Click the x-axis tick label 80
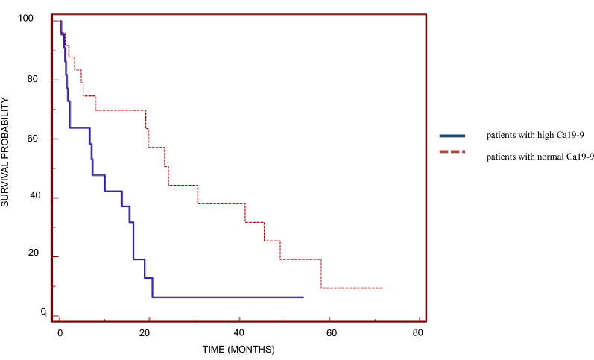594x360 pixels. coord(419,331)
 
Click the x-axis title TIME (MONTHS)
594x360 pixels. coord(239,349)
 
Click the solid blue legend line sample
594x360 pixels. coord(453,136)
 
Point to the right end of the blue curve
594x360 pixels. coord(303,297)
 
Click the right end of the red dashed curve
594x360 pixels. coord(382,288)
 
